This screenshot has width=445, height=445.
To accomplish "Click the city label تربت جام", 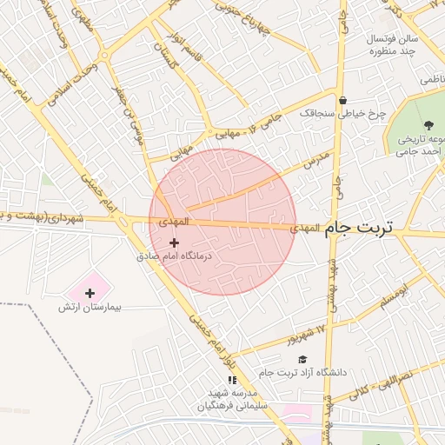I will click(x=358, y=228).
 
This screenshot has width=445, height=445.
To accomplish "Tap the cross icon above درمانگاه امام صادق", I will click(x=175, y=242).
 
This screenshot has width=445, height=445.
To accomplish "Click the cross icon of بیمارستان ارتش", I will click(x=90, y=293).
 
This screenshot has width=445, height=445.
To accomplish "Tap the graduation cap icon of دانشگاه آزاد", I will click(x=302, y=359).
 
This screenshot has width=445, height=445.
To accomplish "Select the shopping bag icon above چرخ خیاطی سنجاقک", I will click(x=343, y=100).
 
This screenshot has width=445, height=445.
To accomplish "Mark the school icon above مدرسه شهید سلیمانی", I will click(x=231, y=380).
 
